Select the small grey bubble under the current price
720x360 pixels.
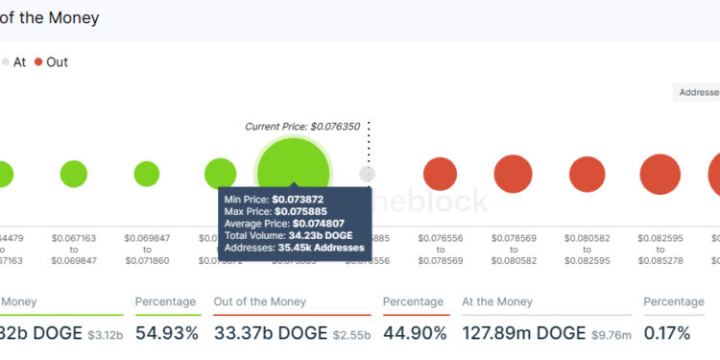point(367,174)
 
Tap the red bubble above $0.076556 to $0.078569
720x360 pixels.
point(440,174)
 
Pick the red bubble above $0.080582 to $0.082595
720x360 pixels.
point(587,175)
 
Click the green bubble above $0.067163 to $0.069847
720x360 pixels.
point(73,174)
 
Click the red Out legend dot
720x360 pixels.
point(38,62)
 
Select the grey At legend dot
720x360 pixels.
point(5,62)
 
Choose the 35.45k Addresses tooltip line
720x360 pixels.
point(295,247)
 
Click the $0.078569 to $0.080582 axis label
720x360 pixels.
point(513,249)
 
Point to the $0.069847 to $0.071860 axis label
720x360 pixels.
point(146,249)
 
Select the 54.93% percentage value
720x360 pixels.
point(166,333)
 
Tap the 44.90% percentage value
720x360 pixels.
point(415,333)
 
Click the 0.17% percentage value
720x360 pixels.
point(666,333)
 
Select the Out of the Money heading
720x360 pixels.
point(261,301)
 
